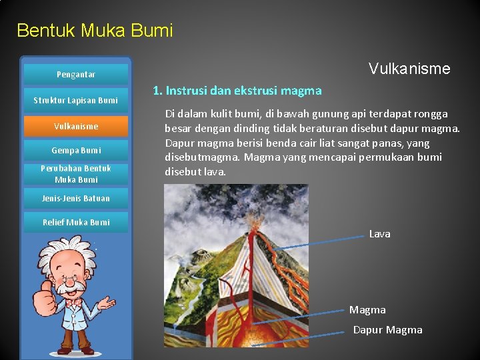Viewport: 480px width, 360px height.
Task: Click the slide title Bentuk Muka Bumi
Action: (95, 31)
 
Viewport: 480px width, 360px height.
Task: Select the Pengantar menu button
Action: (75, 75)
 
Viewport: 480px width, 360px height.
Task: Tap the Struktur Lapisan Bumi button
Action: (75, 101)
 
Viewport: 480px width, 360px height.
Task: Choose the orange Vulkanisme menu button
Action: (75, 126)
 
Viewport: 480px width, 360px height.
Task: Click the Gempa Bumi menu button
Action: (75, 150)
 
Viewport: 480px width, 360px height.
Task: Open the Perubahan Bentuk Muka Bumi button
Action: (75, 174)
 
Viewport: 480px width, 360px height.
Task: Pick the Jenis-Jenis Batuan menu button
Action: (75, 198)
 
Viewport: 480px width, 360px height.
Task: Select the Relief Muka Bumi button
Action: (75, 222)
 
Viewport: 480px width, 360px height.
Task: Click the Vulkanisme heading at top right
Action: (409, 69)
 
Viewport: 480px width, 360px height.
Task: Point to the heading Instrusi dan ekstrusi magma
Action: (237, 91)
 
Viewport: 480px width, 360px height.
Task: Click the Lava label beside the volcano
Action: (379, 234)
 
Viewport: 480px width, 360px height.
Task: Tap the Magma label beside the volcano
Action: (367, 310)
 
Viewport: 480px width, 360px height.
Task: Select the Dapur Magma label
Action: (387, 330)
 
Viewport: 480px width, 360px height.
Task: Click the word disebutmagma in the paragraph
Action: (200, 157)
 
